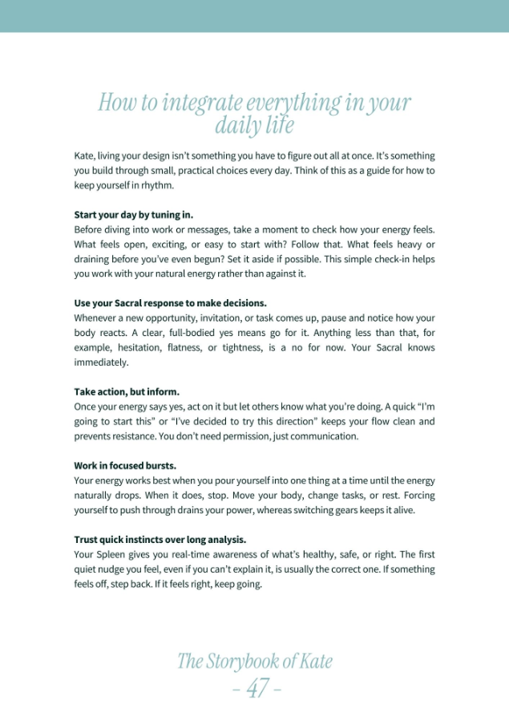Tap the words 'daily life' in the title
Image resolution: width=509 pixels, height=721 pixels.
pos(254,125)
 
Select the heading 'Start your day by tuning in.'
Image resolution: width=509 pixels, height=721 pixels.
pos(134,215)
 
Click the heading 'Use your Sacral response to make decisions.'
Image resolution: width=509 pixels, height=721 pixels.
pos(170,303)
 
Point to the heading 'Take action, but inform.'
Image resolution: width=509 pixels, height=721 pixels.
pos(127,392)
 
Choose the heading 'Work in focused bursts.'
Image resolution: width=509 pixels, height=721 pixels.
pos(125,465)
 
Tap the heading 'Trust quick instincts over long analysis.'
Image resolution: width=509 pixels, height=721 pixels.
pos(160,539)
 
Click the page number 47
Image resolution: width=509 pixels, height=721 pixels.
pos(256,688)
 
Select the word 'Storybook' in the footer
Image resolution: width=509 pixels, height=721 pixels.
pos(240,661)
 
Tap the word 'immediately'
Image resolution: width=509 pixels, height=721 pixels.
pos(101,362)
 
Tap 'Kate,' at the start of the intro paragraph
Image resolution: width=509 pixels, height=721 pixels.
pos(87,156)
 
